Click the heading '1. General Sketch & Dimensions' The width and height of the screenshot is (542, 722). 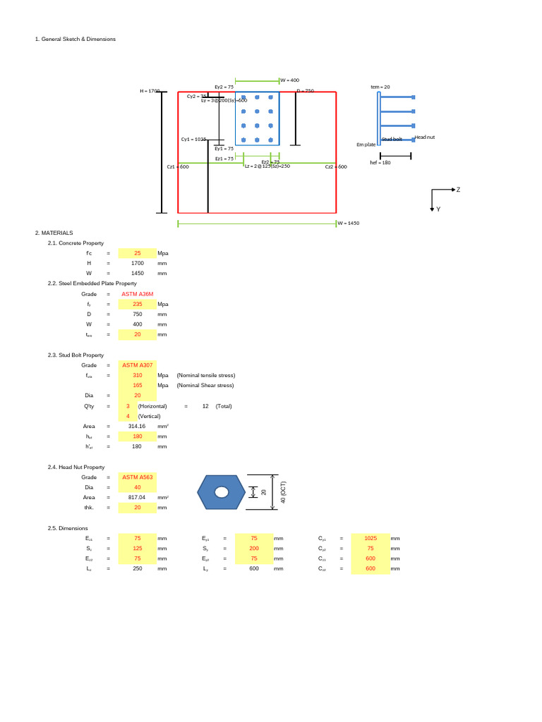[76, 39]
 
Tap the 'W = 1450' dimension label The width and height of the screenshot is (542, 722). [349, 223]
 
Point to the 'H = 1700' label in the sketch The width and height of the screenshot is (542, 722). [150, 92]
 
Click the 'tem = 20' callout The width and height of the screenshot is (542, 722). [380, 87]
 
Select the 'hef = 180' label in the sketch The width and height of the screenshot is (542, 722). [380, 162]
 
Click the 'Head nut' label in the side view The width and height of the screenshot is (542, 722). [424, 137]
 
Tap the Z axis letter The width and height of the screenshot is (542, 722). [459, 190]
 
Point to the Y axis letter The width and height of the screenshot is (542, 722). [438, 209]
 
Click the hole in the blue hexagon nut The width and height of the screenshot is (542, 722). [222, 491]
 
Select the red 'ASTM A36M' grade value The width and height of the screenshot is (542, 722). [138, 294]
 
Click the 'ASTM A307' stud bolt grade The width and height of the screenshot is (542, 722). [138, 365]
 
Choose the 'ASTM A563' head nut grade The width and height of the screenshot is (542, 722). [138, 477]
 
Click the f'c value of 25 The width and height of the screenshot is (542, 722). [138, 252]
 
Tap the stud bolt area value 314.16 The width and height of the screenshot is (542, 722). [138, 426]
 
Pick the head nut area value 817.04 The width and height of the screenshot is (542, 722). [138, 497]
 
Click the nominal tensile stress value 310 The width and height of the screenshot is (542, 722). [138, 375]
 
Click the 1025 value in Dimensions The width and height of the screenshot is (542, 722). [371, 538]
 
